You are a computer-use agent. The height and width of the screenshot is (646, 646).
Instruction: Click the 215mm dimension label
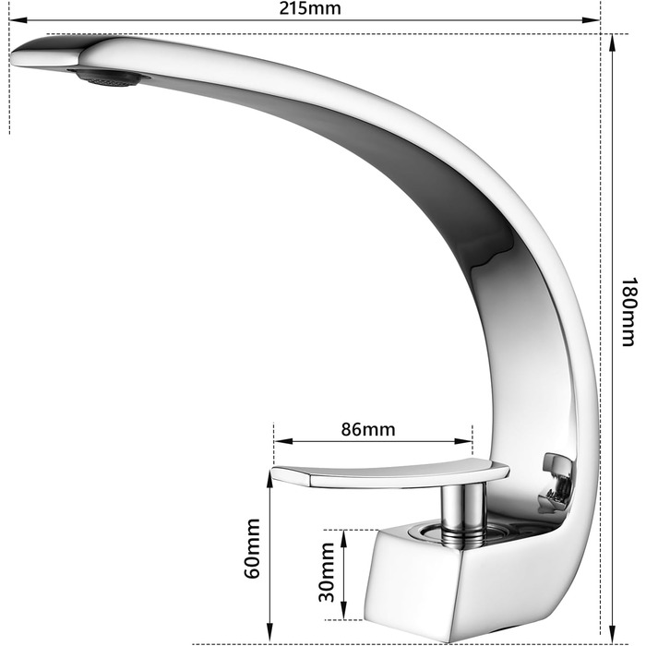point(310,8)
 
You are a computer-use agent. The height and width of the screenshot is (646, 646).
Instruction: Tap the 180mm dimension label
point(628,312)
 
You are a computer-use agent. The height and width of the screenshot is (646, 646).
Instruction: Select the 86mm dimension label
point(368,429)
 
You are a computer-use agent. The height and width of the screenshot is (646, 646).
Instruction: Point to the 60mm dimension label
point(253,548)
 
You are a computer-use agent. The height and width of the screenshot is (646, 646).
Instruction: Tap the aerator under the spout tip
point(110,77)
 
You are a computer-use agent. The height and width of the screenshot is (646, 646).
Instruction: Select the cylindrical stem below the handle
point(462,512)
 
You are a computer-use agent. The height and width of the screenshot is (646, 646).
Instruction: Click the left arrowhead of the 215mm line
point(18,19)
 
